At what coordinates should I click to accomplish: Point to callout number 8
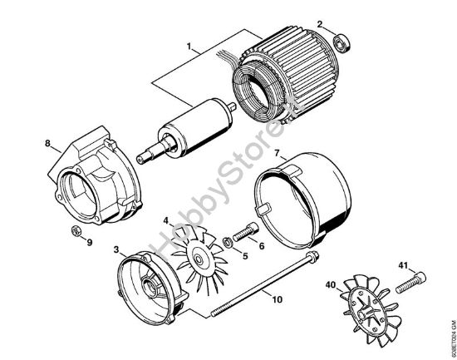47,143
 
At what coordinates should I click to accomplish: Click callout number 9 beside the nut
90,244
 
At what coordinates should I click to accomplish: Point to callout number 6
262,246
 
